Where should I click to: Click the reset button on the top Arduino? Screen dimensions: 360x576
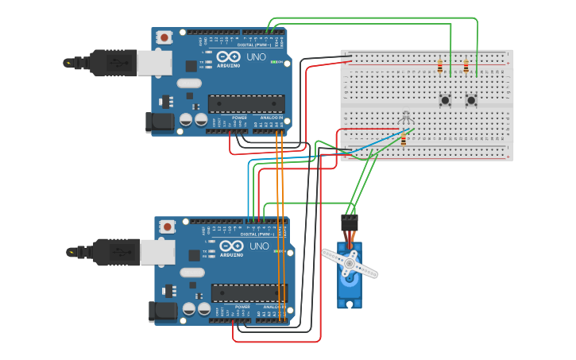164,37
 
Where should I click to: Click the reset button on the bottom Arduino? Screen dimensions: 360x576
167,226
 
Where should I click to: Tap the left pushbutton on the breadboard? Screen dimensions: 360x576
445,100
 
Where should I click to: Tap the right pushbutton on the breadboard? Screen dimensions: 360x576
471,100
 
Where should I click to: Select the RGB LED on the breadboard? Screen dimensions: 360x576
406,118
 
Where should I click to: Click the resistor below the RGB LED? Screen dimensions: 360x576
403,140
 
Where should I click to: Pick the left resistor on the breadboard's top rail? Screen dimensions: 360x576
439,67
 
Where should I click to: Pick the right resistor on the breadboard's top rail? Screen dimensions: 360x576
466,67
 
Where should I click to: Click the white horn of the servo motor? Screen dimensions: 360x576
350,264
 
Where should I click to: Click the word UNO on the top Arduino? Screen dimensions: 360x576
255,57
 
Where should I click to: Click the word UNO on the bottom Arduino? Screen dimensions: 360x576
258,246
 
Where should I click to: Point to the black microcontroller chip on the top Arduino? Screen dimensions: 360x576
245,103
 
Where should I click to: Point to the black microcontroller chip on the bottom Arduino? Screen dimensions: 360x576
249,292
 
